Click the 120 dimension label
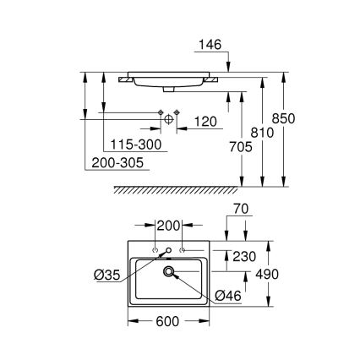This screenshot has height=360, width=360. click(x=203, y=122)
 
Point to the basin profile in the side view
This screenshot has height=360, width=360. click(x=170, y=79)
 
